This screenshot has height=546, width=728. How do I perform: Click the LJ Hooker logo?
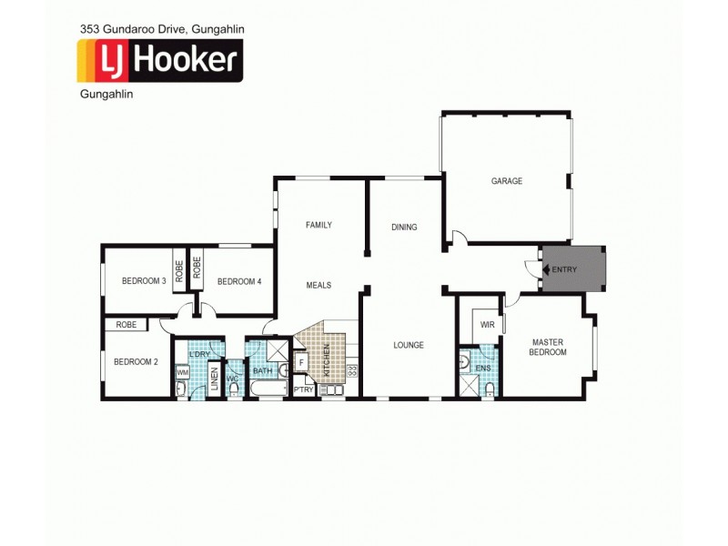pyautogui.click(x=159, y=61)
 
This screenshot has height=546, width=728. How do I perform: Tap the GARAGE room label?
pyautogui.click(x=507, y=181)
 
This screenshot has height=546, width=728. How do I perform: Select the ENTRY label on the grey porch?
pyautogui.click(x=564, y=269)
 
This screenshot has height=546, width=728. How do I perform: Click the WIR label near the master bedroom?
pyautogui.click(x=487, y=324)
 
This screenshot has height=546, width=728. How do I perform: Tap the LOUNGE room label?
pyautogui.click(x=409, y=345)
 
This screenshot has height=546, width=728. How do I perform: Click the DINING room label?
pyautogui.click(x=404, y=227)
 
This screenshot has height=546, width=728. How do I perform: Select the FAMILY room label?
pyautogui.click(x=318, y=225)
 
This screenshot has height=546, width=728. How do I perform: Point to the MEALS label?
pyautogui.click(x=318, y=286)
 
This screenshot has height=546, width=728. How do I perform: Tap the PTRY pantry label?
pyautogui.click(x=304, y=390)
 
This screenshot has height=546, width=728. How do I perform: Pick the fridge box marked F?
pyautogui.click(x=302, y=362)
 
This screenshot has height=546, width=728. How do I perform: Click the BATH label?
pyautogui.click(x=262, y=370)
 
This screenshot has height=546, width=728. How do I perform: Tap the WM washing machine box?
pyautogui.click(x=183, y=372)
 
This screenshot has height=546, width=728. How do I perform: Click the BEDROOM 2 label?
pyautogui.click(x=136, y=361)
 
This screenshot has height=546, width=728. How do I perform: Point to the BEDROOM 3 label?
pyautogui.click(x=144, y=281)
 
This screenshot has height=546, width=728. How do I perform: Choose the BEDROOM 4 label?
pyautogui.click(x=239, y=281)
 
